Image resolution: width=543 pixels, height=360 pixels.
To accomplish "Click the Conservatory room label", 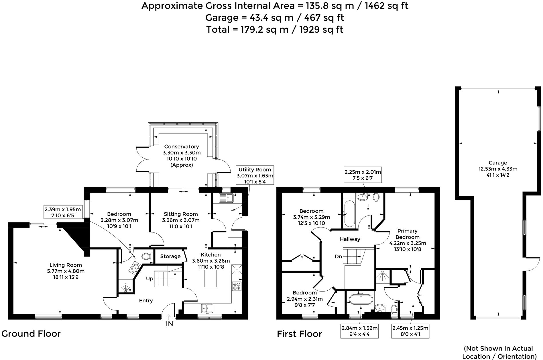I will (x=181, y=147).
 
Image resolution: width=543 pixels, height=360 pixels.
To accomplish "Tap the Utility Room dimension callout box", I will (x=255, y=175).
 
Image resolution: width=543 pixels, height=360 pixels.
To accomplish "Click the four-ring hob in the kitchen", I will (x=237, y=286).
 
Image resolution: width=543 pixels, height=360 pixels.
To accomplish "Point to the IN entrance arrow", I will (x=168, y=317).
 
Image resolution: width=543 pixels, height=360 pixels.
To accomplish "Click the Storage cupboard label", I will (x=170, y=257).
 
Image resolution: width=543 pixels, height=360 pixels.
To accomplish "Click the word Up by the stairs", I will (x=149, y=279).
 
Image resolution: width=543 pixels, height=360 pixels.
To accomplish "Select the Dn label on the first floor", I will (x=338, y=257).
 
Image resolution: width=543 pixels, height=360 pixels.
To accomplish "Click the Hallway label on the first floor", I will (x=350, y=239).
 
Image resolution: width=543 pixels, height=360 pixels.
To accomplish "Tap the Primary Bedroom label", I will (x=407, y=234).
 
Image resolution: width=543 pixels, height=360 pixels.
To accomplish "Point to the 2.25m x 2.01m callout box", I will (x=363, y=175).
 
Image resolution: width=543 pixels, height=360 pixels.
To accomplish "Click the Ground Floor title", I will (x=31, y=334).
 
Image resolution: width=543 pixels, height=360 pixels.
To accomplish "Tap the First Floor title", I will (x=299, y=334).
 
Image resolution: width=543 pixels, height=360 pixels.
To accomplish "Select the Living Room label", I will (x=66, y=265).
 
